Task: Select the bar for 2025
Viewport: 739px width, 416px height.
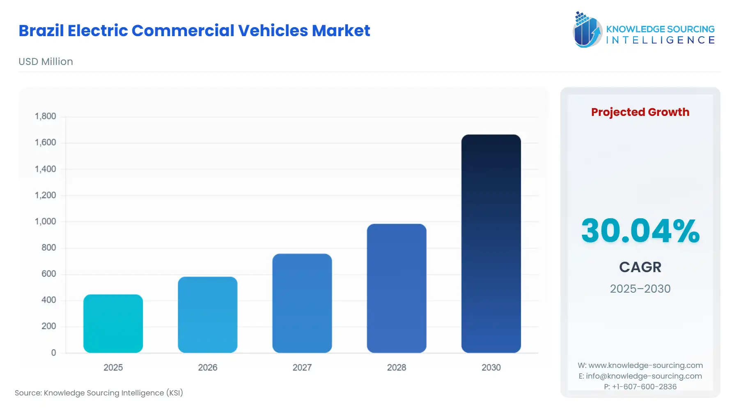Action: point(113,324)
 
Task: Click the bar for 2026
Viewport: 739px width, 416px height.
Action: point(207,315)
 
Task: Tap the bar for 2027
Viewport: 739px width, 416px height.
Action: point(302,303)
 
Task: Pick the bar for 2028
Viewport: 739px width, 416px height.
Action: point(396,288)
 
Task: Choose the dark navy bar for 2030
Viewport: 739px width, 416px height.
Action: point(491,243)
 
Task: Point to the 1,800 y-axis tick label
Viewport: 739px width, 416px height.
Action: point(45,116)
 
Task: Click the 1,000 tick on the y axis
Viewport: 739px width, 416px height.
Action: point(45,222)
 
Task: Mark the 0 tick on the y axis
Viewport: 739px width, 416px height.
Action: point(53,353)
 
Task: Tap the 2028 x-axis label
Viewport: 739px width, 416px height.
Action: point(396,367)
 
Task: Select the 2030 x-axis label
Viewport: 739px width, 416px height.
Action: point(491,367)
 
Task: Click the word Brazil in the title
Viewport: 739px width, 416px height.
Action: point(41,31)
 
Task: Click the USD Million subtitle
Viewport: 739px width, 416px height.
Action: point(46,62)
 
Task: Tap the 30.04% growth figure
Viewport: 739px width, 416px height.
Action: point(640,231)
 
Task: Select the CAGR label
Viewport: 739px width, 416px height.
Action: point(640,267)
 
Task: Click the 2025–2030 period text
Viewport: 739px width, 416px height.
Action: point(640,289)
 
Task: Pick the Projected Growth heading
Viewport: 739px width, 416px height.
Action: point(640,112)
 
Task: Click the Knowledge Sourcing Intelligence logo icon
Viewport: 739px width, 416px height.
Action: point(587,30)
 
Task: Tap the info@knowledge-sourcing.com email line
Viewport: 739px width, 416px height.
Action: point(640,376)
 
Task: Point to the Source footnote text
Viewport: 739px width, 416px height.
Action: point(99,393)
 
